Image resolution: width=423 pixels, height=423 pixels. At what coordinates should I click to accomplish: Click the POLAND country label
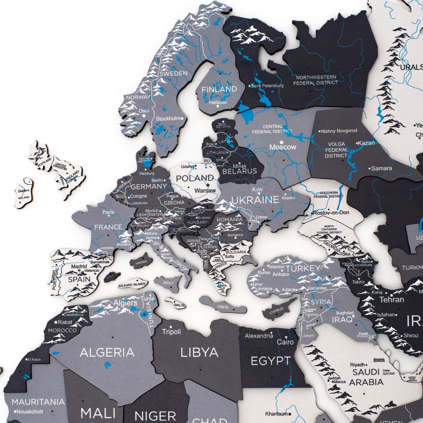(x=195, y=178)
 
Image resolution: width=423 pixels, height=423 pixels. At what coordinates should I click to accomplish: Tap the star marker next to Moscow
(x=282, y=142)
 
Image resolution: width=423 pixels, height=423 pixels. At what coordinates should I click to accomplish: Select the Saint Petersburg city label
(x=267, y=86)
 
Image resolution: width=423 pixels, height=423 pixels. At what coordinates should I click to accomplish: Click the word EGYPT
(x=271, y=361)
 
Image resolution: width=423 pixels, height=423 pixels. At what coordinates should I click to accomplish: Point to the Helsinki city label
(x=218, y=102)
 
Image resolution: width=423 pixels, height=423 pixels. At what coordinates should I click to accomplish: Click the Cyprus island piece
(x=278, y=310)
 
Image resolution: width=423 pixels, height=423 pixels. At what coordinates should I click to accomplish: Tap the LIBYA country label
(x=199, y=352)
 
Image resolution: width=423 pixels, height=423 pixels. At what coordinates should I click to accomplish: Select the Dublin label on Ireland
(x=23, y=191)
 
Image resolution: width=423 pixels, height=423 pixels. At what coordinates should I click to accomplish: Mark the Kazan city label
(x=366, y=143)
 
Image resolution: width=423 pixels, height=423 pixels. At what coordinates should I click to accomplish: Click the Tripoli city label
(x=171, y=332)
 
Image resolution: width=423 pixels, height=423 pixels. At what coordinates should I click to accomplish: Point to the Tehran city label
(x=392, y=300)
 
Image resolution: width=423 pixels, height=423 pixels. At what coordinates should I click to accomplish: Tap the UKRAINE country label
(x=255, y=200)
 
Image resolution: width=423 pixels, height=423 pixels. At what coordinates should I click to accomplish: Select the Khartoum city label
(x=276, y=414)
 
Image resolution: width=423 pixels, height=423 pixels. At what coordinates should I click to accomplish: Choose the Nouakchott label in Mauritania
(x=30, y=412)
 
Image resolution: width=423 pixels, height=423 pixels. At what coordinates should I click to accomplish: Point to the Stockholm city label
(x=168, y=119)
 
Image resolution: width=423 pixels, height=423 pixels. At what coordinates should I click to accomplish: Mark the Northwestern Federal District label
(x=316, y=80)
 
